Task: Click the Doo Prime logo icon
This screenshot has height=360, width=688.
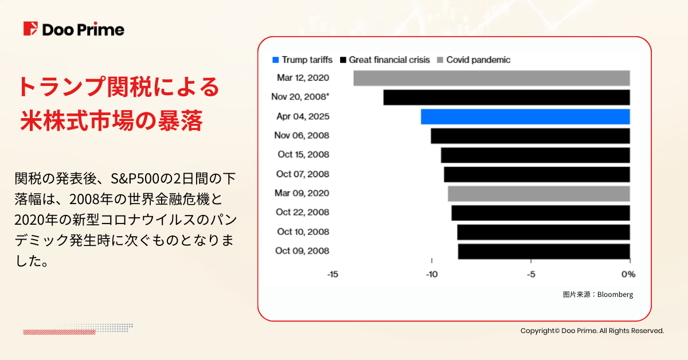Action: tap(31, 29)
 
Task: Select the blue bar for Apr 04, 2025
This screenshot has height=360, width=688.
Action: tap(525, 116)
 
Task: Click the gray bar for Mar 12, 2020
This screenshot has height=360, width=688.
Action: tap(491, 78)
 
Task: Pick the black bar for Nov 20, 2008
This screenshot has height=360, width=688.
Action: tap(506, 97)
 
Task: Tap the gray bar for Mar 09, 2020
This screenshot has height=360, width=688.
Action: tap(538, 193)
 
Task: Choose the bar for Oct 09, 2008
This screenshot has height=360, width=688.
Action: tap(544, 251)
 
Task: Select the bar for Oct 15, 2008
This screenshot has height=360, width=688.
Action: tap(535, 155)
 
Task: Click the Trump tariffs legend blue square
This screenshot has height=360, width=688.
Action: tap(276, 60)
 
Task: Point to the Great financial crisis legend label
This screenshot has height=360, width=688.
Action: tap(389, 60)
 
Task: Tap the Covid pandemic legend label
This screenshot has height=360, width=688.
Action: tap(478, 60)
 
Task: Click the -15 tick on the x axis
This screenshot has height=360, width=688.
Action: tap(333, 274)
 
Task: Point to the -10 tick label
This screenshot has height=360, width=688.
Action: tap(432, 274)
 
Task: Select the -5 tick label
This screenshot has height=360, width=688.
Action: tap(531, 274)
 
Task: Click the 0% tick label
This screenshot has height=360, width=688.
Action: tap(629, 274)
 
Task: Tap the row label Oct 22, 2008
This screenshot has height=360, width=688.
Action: tap(303, 212)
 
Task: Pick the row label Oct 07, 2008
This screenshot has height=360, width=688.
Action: tap(303, 174)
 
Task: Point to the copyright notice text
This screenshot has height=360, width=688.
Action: tap(592, 331)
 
